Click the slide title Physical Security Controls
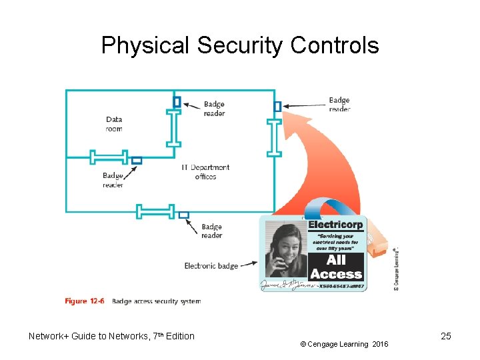(x=240, y=45)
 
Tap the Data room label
(x=114, y=125)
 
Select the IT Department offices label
(x=205, y=172)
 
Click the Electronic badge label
(x=211, y=266)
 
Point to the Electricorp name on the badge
(x=335, y=225)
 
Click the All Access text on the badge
(x=336, y=267)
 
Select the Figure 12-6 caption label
(x=85, y=301)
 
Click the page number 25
(x=446, y=336)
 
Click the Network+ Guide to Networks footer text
(x=111, y=336)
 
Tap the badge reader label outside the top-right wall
(x=339, y=105)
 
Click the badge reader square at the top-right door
(x=277, y=106)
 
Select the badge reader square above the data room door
(x=177, y=102)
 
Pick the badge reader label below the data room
(x=113, y=180)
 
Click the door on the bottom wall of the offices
(x=155, y=211)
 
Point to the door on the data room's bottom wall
(x=109, y=157)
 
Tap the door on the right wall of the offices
(x=274, y=138)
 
